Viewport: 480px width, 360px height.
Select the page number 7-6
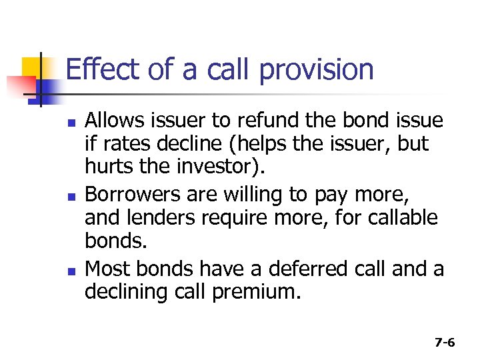(x=444, y=343)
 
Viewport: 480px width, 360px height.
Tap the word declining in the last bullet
(x=119, y=291)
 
